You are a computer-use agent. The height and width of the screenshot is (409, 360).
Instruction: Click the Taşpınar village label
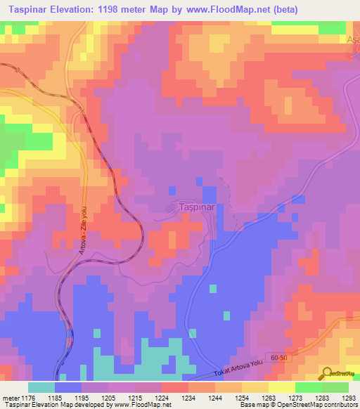193,208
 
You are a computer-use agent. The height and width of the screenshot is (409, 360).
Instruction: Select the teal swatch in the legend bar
41,387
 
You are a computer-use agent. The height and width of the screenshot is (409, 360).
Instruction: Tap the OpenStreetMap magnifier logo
327,374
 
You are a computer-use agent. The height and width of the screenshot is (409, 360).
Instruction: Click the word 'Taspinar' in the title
27,10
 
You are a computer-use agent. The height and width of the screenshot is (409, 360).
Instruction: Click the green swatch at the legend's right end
335,387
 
